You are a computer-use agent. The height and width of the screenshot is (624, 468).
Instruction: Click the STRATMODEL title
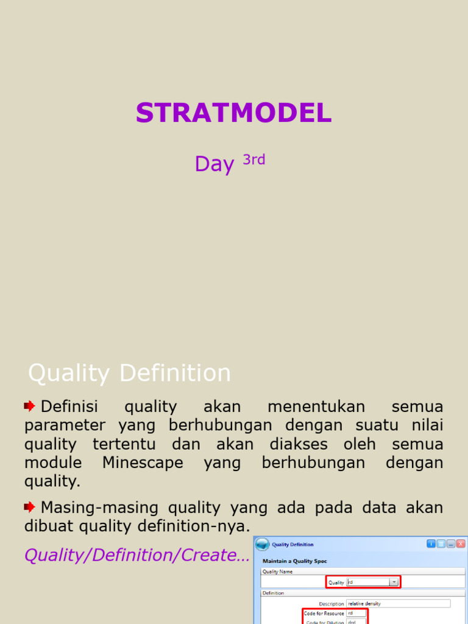pos(233,113)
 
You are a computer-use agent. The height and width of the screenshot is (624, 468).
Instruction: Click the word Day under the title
pos(214,164)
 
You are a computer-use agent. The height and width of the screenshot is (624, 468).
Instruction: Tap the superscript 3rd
pos(254,160)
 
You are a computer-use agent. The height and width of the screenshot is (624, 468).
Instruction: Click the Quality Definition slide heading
pos(129,373)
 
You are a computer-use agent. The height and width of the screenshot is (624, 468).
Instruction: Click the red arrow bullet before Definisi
pos(30,406)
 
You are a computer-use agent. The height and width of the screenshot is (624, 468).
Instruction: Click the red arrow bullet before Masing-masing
pos(30,506)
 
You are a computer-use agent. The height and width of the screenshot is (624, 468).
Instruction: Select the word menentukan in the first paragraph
pos(316,406)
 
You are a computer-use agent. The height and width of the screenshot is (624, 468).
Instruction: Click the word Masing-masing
pos(101,507)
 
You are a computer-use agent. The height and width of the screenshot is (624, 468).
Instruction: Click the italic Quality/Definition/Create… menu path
pos(137,555)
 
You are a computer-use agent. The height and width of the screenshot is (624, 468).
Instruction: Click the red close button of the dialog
pos(461,544)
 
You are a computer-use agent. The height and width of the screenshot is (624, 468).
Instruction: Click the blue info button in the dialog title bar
pos(431,544)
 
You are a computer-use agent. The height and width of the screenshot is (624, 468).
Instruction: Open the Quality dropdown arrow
pos(394,582)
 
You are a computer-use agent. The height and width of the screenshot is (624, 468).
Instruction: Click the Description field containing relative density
pos(398,603)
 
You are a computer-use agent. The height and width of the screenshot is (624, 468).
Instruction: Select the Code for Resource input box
pos(356,613)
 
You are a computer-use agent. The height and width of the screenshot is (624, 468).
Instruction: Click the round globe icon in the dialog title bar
pos(262,544)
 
